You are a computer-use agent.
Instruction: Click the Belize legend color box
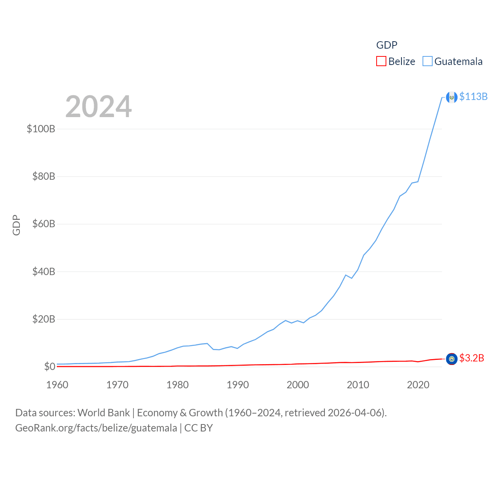click(381, 61)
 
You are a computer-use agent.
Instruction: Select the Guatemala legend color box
click(427, 61)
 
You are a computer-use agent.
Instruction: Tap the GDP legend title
click(387, 45)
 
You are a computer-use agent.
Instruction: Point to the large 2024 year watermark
click(98, 107)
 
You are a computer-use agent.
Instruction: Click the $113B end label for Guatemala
click(473, 96)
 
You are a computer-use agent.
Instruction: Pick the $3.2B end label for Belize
click(472, 358)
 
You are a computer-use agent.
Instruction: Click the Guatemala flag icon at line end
click(451, 97)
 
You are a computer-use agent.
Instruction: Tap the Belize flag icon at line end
click(451, 359)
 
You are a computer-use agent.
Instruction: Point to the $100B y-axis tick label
click(41, 129)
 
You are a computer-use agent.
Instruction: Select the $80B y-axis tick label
click(44, 177)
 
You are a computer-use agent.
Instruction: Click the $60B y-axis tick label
click(44, 224)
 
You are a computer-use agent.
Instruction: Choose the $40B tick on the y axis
click(44, 272)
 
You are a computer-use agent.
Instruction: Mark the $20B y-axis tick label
click(44, 319)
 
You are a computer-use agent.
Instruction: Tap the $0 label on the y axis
click(49, 366)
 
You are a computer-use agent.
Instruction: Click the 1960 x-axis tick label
click(57, 385)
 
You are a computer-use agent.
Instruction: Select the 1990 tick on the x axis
click(238, 385)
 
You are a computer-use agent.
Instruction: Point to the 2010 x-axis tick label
click(358, 385)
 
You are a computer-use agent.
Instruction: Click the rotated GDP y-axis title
click(16, 225)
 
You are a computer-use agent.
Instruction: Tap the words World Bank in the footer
click(103, 413)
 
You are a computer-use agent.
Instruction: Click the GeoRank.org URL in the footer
click(96, 428)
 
